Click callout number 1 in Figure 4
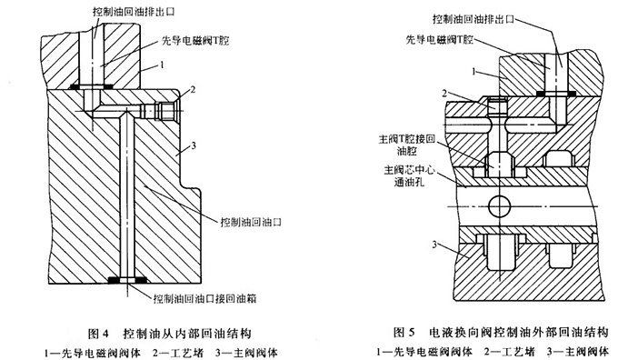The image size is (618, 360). pyautogui.click(x=163, y=65)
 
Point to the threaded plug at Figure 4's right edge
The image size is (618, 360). pyautogui.click(x=165, y=110)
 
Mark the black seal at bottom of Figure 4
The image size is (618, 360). pyautogui.click(x=122, y=279)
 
